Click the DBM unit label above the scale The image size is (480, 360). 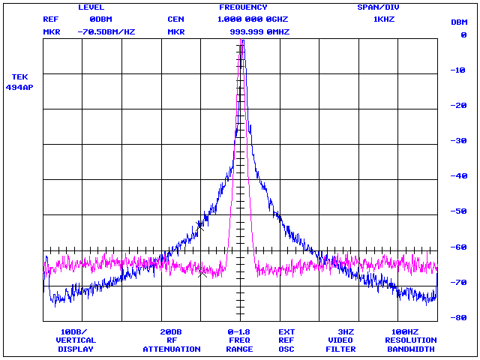pyautogui.click(x=459, y=22)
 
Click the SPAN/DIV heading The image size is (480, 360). pyautogui.click(x=379, y=7)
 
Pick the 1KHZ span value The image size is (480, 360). pyautogui.click(x=385, y=19)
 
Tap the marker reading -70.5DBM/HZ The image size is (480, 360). pyautogui.click(x=106, y=32)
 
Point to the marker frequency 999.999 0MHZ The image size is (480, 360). pyautogui.click(x=259, y=32)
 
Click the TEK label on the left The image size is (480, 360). pyautogui.click(x=20, y=76)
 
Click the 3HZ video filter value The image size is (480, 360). pyautogui.click(x=345, y=331)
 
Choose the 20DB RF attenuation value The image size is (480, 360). pyautogui.click(x=171, y=331)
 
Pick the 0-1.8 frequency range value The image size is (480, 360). pyautogui.click(x=239, y=331)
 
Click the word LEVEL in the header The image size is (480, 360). pyautogui.click(x=91, y=7)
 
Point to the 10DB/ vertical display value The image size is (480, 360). pyautogui.click(x=74, y=331)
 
